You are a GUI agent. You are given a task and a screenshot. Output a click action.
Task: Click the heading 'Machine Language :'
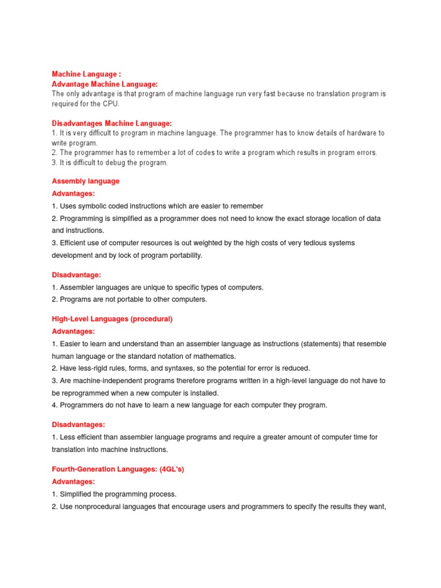(x=87, y=74)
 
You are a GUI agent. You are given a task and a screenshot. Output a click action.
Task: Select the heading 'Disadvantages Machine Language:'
(x=112, y=123)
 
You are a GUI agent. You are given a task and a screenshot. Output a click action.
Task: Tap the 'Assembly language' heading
(x=86, y=181)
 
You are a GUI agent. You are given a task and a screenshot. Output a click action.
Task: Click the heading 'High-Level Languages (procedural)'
(x=113, y=318)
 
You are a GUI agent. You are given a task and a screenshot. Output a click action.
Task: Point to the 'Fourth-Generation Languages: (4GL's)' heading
(x=118, y=469)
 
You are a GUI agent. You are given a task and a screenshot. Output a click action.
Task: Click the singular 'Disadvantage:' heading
(x=76, y=275)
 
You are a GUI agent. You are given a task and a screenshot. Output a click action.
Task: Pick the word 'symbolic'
(x=94, y=206)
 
